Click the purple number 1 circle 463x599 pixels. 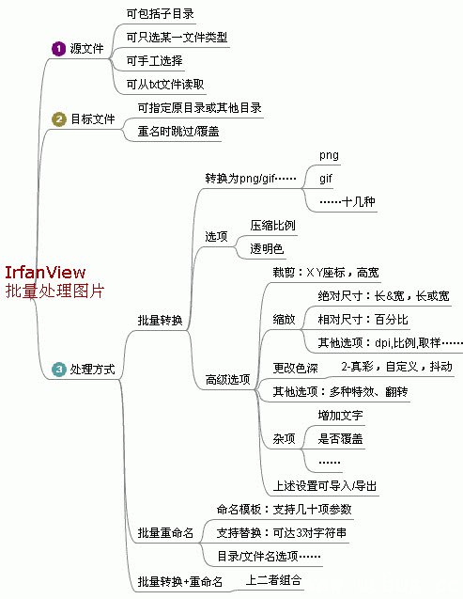coord(58,49)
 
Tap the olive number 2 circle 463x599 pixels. coord(59,118)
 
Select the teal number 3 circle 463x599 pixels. coord(59,369)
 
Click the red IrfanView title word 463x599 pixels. coord(45,273)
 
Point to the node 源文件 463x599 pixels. coord(86,49)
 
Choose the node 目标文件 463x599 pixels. coord(93,118)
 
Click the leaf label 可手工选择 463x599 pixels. coord(154,60)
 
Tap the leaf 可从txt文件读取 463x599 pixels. coord(165,84)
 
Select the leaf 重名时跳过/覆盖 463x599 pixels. coord(178,132)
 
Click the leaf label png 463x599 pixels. coord(329,155)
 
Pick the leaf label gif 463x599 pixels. coord(326,179)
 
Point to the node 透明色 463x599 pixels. coord(267,249)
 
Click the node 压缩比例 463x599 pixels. coord(272,226)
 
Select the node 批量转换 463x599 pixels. coord(161,320)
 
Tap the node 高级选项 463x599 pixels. coord(227,379)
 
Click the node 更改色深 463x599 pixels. coord(295,368)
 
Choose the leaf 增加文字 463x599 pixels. coord(340,415)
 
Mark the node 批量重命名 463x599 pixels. coord(165,532)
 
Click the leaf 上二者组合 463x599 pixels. coord(273,580)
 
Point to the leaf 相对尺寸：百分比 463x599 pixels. coord(363,320)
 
